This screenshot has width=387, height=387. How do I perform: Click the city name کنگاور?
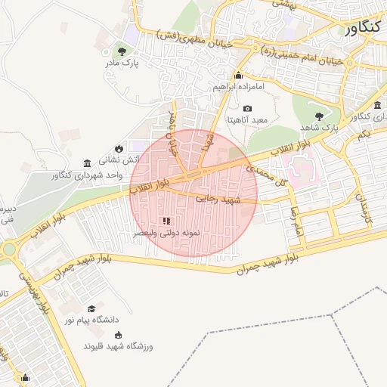tap(365, 29)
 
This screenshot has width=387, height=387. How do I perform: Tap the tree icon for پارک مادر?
tap(122, 51)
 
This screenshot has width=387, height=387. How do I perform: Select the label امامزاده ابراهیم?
tap(240, 88)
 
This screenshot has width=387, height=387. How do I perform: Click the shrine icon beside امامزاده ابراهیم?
tap(239, 75)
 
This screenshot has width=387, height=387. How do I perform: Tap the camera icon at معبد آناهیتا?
tap(247, 109)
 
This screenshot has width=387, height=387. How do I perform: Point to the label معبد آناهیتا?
tap(249, 121)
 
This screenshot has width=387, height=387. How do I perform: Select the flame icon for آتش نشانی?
tap(119, 147)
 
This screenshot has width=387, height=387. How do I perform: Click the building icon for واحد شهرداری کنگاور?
tap(88, 164)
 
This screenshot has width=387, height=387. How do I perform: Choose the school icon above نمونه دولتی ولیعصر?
tap(166, 221)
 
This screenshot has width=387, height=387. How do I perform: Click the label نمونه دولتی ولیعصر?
tap(166, 234)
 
